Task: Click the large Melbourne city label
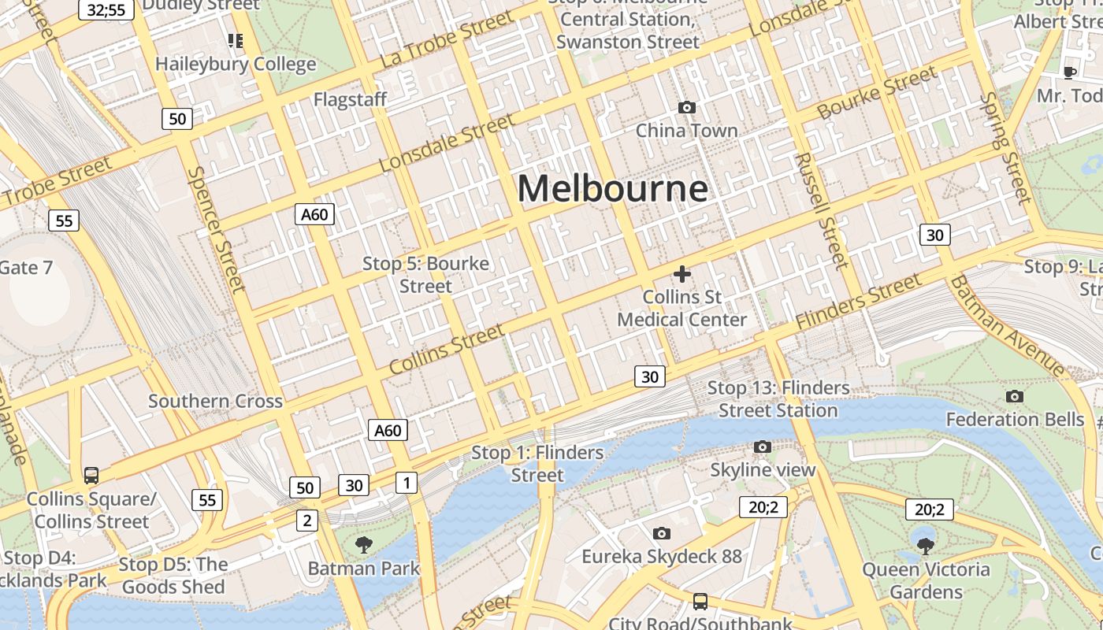[x=612, y=188]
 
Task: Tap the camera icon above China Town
[x=687, y=107]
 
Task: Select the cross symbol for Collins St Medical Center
[x=682, y=274]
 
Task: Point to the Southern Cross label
[x=215, y=401]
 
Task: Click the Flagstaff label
[x=350, y=99]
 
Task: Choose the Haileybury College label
[x=236, y=64]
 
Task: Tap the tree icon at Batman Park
[x=363, y=544]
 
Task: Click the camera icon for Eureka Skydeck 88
[x=662, y=533]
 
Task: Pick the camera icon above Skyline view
[x=762, y=447]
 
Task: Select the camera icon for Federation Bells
[x=1015, y=396]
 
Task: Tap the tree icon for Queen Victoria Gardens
[x=926, y=545]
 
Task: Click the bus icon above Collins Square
[x=91, y=476]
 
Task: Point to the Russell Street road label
[x=820, y=209]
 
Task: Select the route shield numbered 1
[x=406, y=482]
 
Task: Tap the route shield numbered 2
[x=307, y=520]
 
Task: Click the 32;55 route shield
[x=106, y=9]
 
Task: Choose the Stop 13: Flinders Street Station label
[x=778, y=399]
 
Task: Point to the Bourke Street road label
[x=877, y=94]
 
